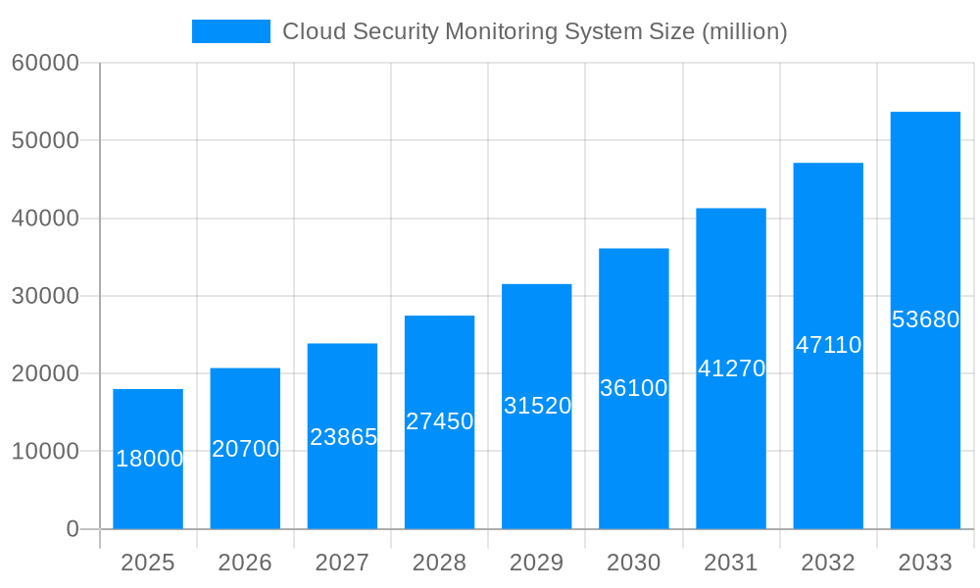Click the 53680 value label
(925, 319)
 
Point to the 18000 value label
(149, 459)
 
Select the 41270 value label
(731, 369)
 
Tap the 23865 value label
(343, 437)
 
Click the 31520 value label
(537, 406)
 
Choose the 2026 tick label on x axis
(245, 563)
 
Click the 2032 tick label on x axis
(828, 563)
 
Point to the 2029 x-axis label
(537, 563)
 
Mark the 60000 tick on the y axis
(44, 64)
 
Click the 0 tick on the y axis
(72, 529)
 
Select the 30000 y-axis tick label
(44, 296)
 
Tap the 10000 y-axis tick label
(44, 452)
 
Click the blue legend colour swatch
(230, 31)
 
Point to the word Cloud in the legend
(311, 31)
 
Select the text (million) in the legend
(745, 31)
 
